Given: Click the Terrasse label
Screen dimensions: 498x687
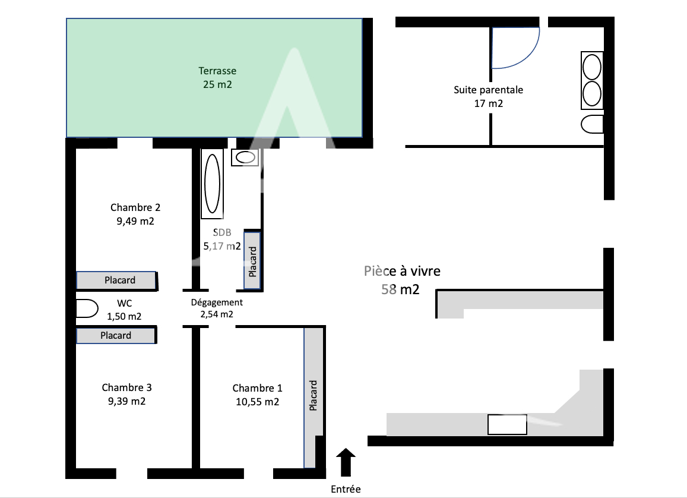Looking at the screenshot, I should point(217,71).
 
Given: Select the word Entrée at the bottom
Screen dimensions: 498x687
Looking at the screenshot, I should point(346,490).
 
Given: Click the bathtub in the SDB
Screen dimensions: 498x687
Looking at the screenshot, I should point(212,183).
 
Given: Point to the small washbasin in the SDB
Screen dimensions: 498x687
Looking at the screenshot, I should point(245,157).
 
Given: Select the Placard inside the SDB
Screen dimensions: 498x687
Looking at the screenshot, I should point(252,260).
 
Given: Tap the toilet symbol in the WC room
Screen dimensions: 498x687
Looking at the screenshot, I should point(87,309).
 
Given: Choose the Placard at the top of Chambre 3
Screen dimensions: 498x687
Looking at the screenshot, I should point(116,336).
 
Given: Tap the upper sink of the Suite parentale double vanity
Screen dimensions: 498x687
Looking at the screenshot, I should point(591,67).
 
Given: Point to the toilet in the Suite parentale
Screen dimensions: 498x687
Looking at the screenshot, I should point(592,125).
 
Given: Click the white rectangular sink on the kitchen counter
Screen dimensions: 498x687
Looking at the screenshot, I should point(507,424).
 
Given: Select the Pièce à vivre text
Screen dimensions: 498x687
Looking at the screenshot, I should point(402,271).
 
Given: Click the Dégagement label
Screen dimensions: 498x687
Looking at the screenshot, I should point(216,302).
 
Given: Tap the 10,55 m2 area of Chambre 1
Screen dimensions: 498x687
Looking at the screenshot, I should point(257,402).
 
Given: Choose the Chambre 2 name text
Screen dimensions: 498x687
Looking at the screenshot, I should point(135,207).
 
